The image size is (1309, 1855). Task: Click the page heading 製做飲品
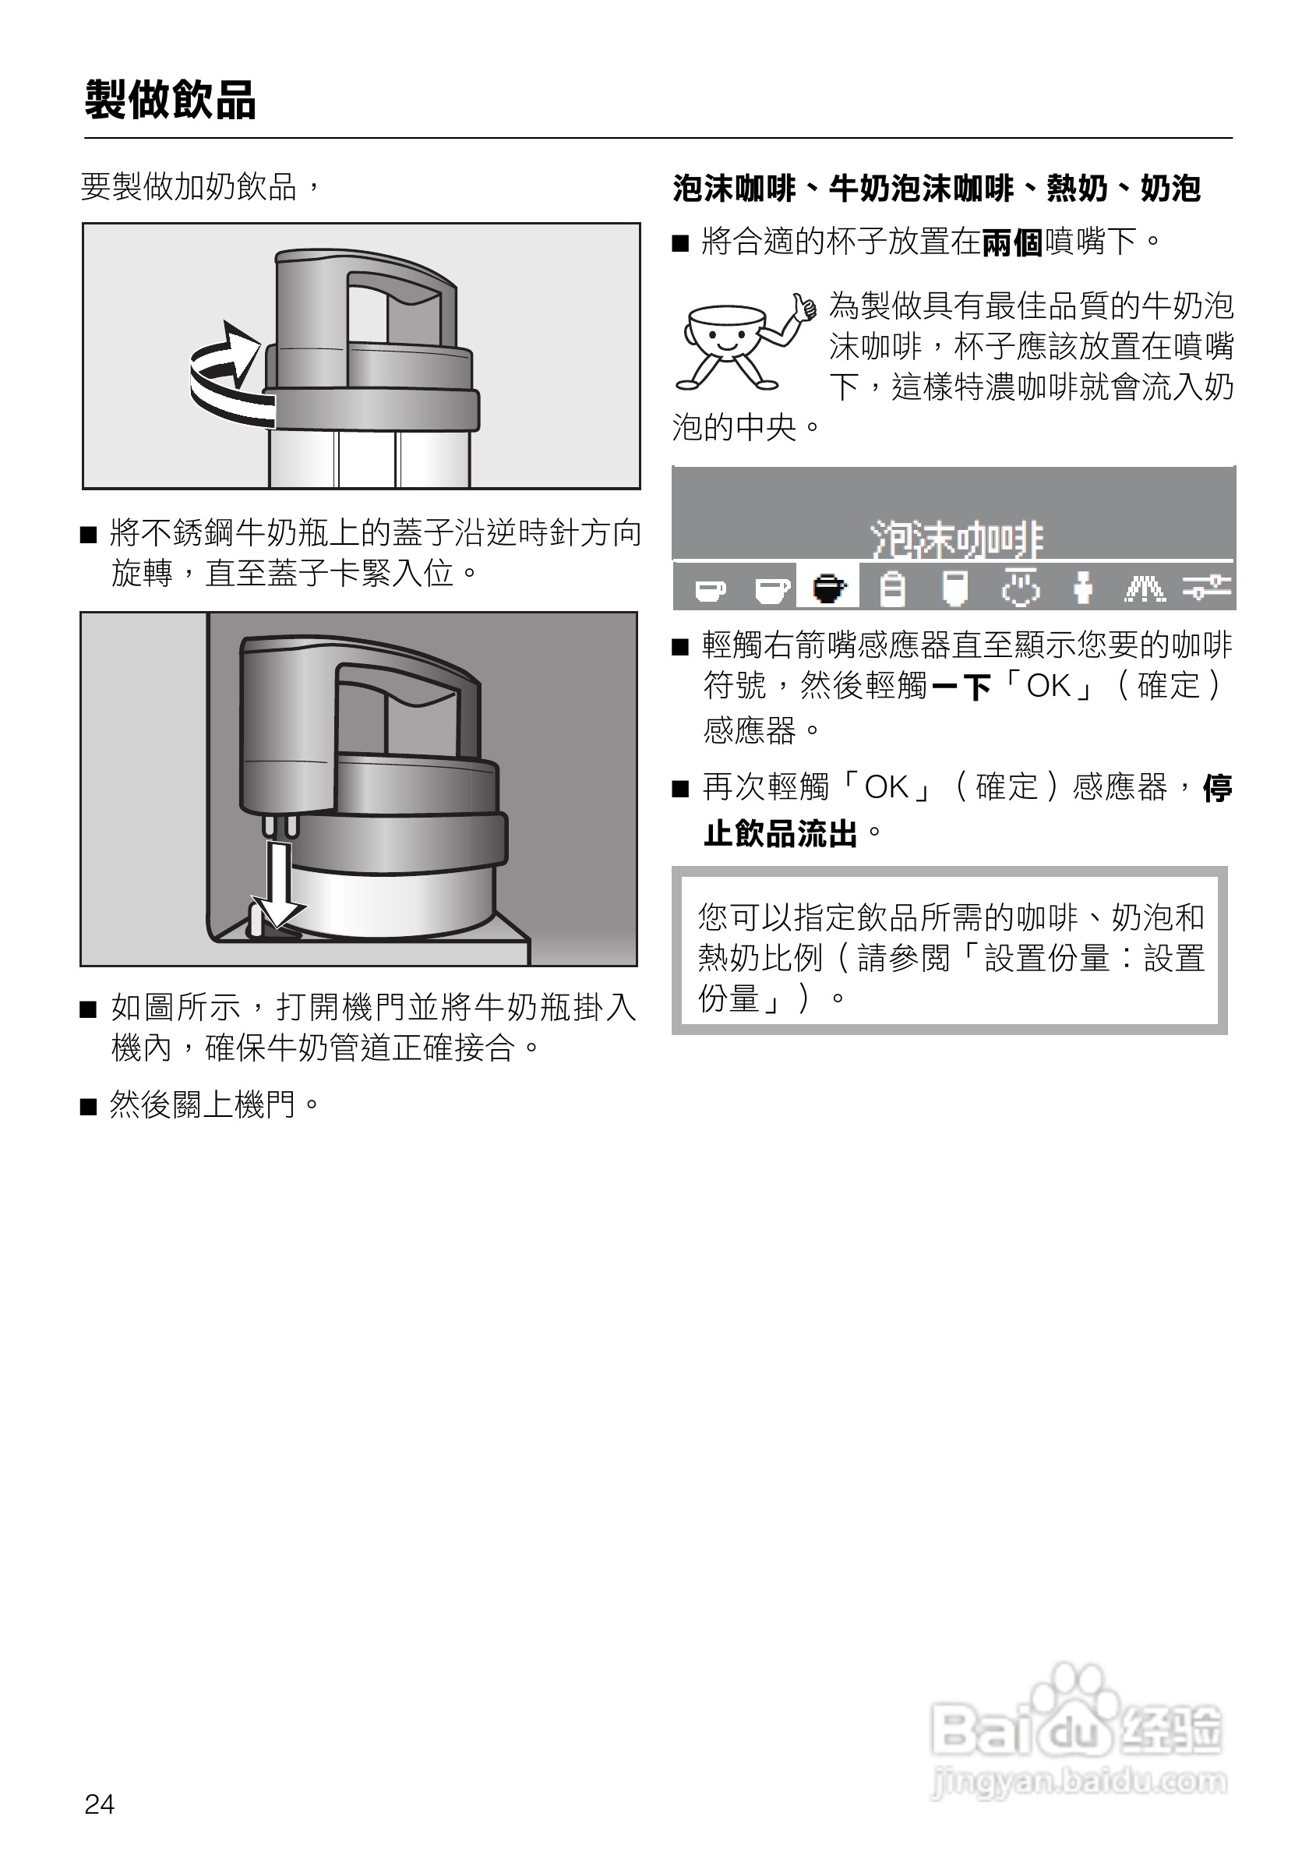coord(171,101)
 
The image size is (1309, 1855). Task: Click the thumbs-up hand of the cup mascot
coord(803,307)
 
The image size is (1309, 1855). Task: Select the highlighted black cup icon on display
coord(827,588)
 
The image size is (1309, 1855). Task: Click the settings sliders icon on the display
coord(1206,588)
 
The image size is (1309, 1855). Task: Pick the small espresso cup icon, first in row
coord(710,591)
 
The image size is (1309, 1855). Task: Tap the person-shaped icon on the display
coord(1082,588)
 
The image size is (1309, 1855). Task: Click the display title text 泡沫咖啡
coord(957,539)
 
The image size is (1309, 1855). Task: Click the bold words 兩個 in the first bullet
coord(1013,242)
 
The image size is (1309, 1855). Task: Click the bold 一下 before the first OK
coord(961,687)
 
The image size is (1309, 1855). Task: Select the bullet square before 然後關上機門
coord(88,1106)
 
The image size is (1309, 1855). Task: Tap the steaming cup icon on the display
coord(1021,588)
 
